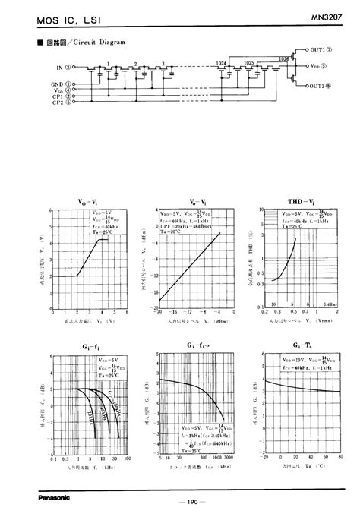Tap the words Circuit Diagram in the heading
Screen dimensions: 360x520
102,42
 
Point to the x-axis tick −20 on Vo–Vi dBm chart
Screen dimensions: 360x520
158,311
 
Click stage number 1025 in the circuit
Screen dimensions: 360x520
249,64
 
